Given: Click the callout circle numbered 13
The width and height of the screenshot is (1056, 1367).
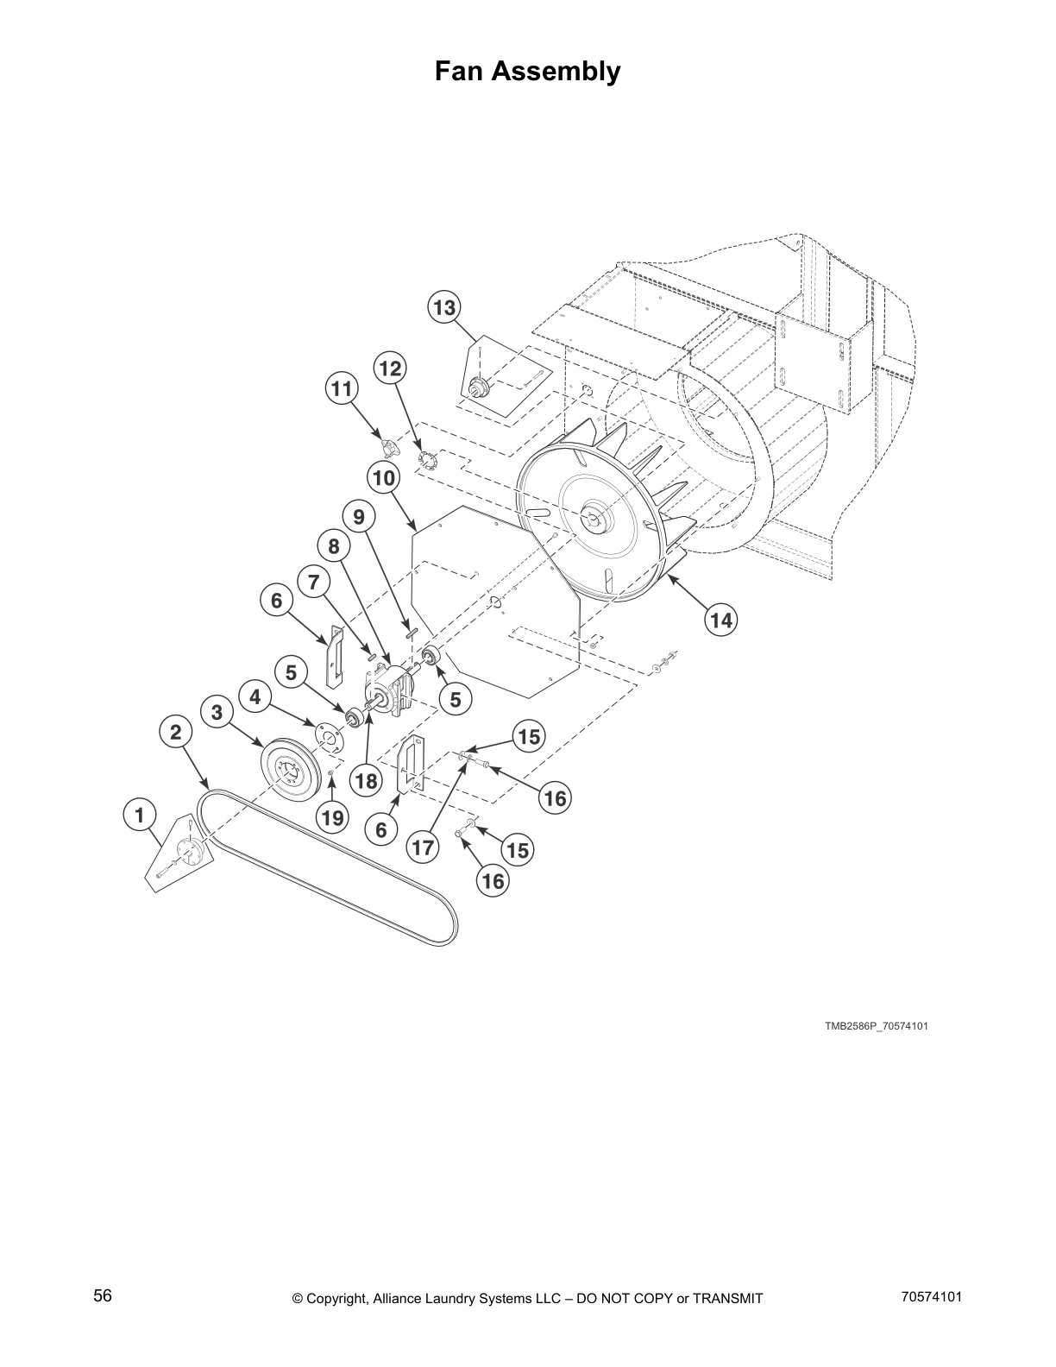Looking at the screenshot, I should [x=443, y=307].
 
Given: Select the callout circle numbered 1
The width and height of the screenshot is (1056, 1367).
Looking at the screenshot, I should [x=139, y=813].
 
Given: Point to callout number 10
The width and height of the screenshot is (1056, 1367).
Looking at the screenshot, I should [x=384, y=476].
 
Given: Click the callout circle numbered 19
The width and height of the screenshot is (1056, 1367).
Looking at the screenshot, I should [x=332, y=816].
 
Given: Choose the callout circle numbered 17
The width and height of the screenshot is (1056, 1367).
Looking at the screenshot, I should [x=423, y=847].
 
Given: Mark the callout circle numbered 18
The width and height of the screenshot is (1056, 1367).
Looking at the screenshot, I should [x=367, y=782].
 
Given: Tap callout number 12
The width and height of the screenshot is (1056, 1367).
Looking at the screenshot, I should [x=390, y=369].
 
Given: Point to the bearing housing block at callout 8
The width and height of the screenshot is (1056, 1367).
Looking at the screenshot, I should [x=393, y=691].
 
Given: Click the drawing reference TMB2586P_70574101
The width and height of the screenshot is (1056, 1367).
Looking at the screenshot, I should [x=876, y=1026].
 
